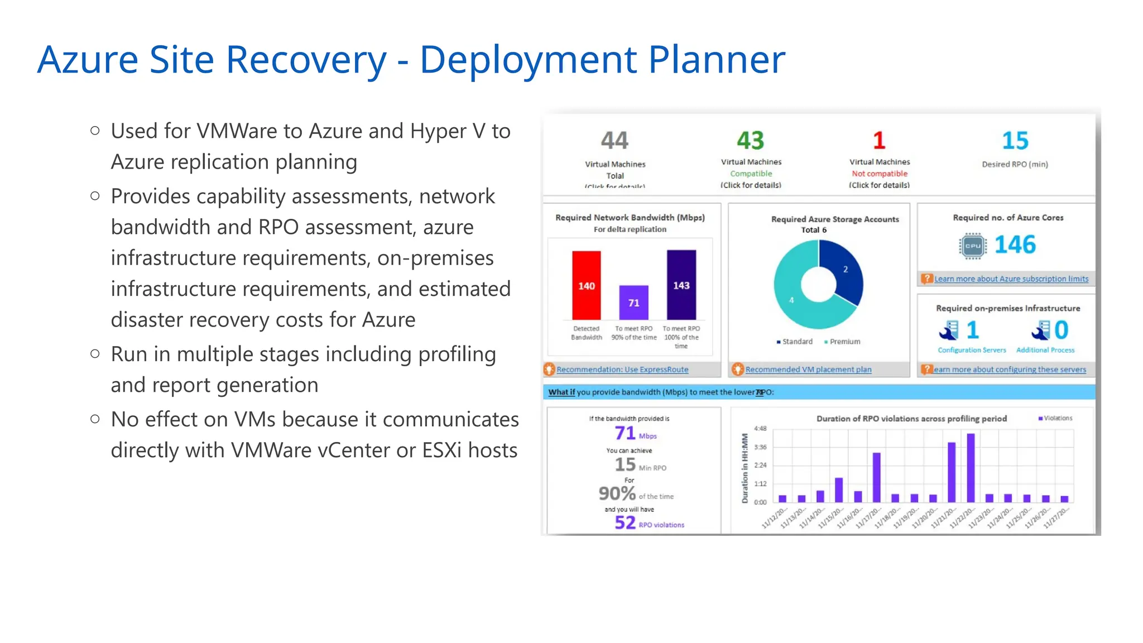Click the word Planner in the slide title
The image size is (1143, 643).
[716, 60]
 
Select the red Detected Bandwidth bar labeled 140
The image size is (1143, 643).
[586, 285]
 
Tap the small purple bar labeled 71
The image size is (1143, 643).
[633, 302]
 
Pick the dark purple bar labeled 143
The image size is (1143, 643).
[681, 285]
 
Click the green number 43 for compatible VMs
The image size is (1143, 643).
[750, 141]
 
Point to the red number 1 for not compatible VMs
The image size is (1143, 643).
[879, 141]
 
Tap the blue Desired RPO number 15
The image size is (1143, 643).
[1015, 141]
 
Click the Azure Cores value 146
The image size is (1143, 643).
[1015, 244]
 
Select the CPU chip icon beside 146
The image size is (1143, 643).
[973, 246]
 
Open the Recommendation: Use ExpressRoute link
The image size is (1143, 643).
[622, 370]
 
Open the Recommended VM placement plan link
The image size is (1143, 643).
[808, 370]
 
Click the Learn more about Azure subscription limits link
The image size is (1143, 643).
[1011, 279]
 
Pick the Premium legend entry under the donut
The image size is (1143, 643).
[844, 342]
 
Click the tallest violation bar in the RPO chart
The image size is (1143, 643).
[971, 468]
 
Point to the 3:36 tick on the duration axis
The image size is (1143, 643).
[760, 447]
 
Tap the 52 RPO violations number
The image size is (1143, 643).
[625, 522]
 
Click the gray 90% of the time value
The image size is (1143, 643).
[617, 493]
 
